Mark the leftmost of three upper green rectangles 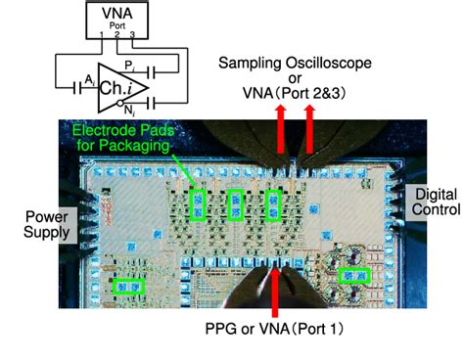pos(199,203)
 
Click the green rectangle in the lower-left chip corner pos(128,287)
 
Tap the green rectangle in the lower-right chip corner pos(352,277)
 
